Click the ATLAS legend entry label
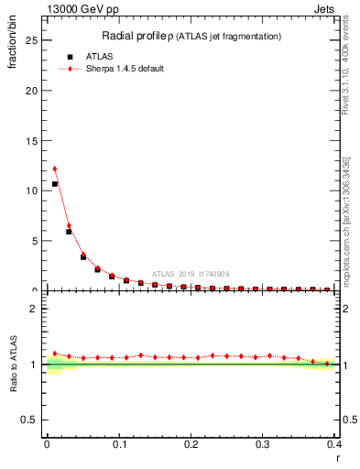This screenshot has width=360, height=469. point(100,56)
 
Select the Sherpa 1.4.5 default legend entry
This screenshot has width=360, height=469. point(125,69)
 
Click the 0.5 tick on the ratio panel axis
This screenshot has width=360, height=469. point(34,420)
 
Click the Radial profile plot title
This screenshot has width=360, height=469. point(191,36)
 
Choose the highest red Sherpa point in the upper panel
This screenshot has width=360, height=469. point(55,169)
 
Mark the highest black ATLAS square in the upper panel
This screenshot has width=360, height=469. point(55,184)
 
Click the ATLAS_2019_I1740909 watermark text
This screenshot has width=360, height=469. point(190,274)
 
